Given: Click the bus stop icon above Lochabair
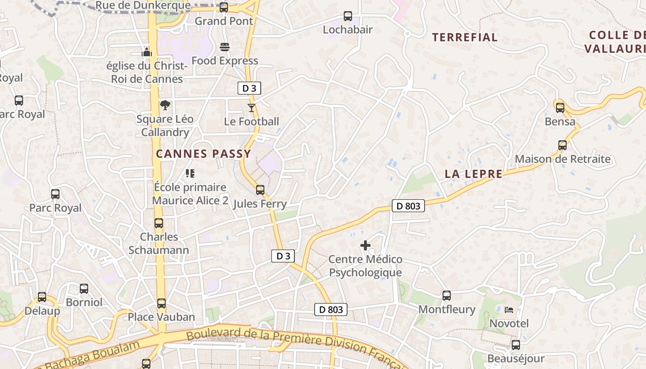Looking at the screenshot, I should [x=348, y=16].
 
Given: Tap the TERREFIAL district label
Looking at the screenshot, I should [x=465, y=37].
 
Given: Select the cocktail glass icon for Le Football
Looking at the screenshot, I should [x=251, y=108].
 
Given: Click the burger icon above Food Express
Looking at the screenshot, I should [x=225, y=47].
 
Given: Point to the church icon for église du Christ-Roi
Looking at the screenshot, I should [x=147, y=52].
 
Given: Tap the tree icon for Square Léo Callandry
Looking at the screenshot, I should [x=165, y=105].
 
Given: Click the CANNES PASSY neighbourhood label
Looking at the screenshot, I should [x=203, y=154].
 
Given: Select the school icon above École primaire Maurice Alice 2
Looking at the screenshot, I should [x=190, y=173].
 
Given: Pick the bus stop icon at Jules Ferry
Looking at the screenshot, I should [x=260, y=190].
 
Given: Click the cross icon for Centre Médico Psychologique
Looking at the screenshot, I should [x=365, y=245].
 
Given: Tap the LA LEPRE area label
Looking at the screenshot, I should [x=473, y=174].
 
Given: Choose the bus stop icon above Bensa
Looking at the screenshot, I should [x=560, y=108].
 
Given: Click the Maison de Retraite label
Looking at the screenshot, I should [x=562, y=160].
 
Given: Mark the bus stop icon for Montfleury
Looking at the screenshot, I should [x=446, y=296].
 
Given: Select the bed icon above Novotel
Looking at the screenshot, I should [x=509, y=309].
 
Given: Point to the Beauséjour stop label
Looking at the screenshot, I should [x=516, y=358].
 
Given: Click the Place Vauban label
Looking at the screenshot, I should [x=161, y=317].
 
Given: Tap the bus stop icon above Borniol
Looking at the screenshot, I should [x=84, y=289].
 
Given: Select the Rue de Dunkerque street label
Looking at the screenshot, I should [x=143, y=6].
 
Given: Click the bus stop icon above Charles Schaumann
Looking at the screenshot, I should [x=159, y=223].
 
